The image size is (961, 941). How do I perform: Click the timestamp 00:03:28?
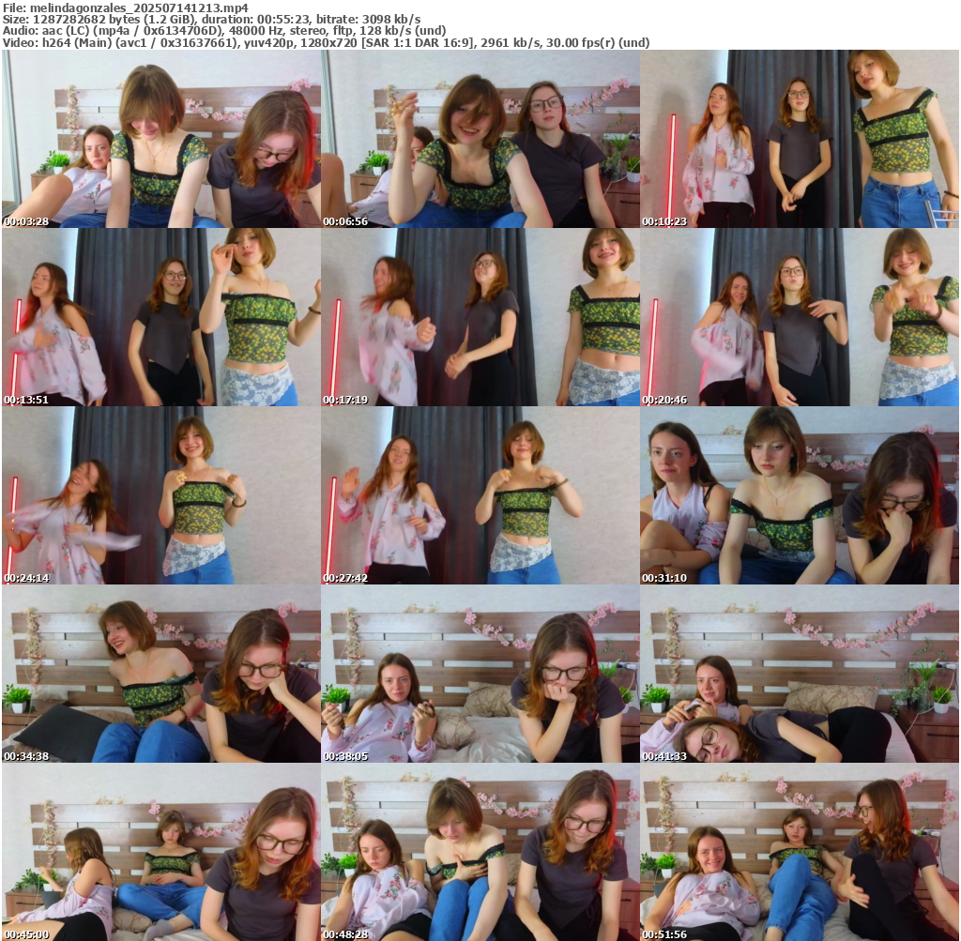(26, 221)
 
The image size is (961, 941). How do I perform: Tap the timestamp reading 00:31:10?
(664, 578)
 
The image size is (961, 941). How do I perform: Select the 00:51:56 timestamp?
(664, 934)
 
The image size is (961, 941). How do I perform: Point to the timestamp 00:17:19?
(345, 400)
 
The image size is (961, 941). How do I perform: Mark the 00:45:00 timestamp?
(26, 934)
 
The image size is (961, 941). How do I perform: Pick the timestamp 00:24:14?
(26, 578)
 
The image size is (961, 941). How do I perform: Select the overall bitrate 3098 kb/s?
(390, 20)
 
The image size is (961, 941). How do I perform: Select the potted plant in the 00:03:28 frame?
(57, 162)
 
